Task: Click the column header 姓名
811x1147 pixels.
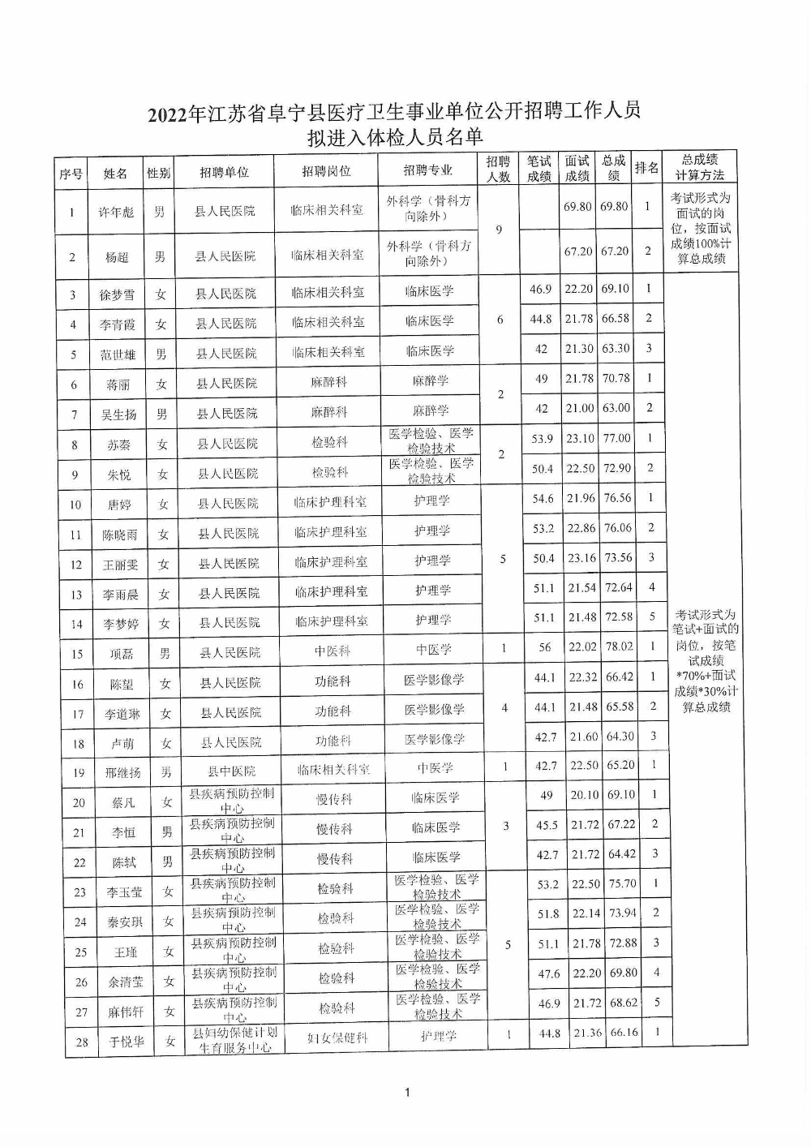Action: (115, 173)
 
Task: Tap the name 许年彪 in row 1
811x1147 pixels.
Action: (116, 212)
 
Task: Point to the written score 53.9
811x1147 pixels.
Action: (542, 439)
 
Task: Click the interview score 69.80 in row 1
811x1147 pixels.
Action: (578, 207)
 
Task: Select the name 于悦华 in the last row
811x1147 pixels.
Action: (127, 1042)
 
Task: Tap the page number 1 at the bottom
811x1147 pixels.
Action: (407, 1092)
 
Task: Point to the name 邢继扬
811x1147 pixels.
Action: (122, 772)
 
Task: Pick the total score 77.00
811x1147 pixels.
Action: (616, 438)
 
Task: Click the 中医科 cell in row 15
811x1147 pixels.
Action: (332, 651)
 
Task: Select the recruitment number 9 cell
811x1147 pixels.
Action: (499, 230)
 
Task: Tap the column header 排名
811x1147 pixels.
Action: (646, 168)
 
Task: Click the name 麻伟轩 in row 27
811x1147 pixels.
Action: (126, 1012)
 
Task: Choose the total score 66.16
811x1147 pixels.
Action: (624, 1033)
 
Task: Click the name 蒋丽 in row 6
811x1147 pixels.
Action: (118, 385)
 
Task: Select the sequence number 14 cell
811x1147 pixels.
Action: (76, 625)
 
